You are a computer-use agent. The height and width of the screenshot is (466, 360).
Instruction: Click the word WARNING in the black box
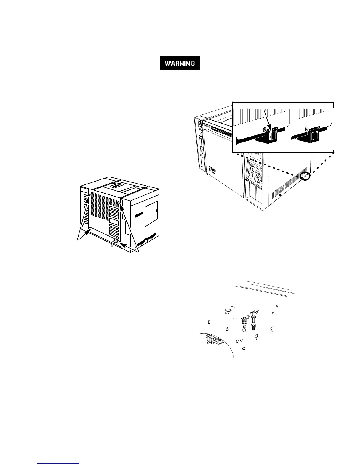point(180,63)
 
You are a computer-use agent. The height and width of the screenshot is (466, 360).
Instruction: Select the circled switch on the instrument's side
point(306,177)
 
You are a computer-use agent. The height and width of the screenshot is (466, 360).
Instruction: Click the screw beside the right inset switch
point(306,128)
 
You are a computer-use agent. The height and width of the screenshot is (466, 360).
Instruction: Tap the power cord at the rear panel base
point(113,244)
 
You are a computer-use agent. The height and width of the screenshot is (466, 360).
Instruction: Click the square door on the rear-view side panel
point(151,214)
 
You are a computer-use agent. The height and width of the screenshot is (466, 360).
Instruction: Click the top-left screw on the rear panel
point(89,195)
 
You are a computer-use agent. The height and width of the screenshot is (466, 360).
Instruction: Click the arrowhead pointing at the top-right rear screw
point(122,204)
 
